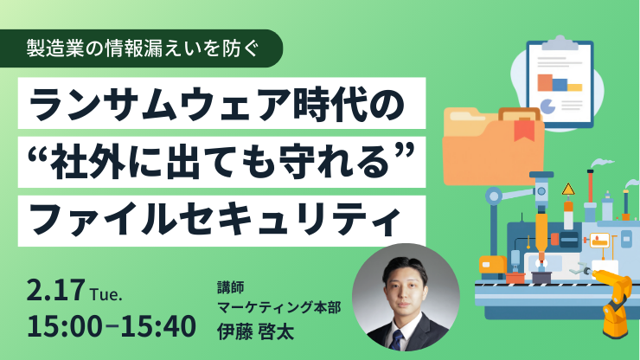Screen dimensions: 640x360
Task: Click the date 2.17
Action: point(56,290)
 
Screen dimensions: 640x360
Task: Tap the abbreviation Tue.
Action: point(106,294)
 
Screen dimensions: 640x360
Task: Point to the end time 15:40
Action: point(158,326)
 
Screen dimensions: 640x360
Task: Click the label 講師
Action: point(231,287)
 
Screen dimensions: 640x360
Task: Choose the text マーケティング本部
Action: point(279,307)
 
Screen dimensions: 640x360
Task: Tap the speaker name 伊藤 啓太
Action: point(255,331)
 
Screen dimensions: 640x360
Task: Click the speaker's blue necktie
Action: point(397,340)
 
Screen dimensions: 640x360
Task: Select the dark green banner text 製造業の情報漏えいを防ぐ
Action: point(143,48)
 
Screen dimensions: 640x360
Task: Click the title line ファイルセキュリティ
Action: point(214,221)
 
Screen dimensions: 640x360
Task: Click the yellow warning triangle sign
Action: point(568,190)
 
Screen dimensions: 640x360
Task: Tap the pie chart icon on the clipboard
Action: point(547,106)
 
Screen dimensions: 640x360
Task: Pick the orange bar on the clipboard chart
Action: point(545,82)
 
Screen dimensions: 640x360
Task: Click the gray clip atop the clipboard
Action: point(560,43)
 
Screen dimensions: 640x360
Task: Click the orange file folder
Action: point(494,146)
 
